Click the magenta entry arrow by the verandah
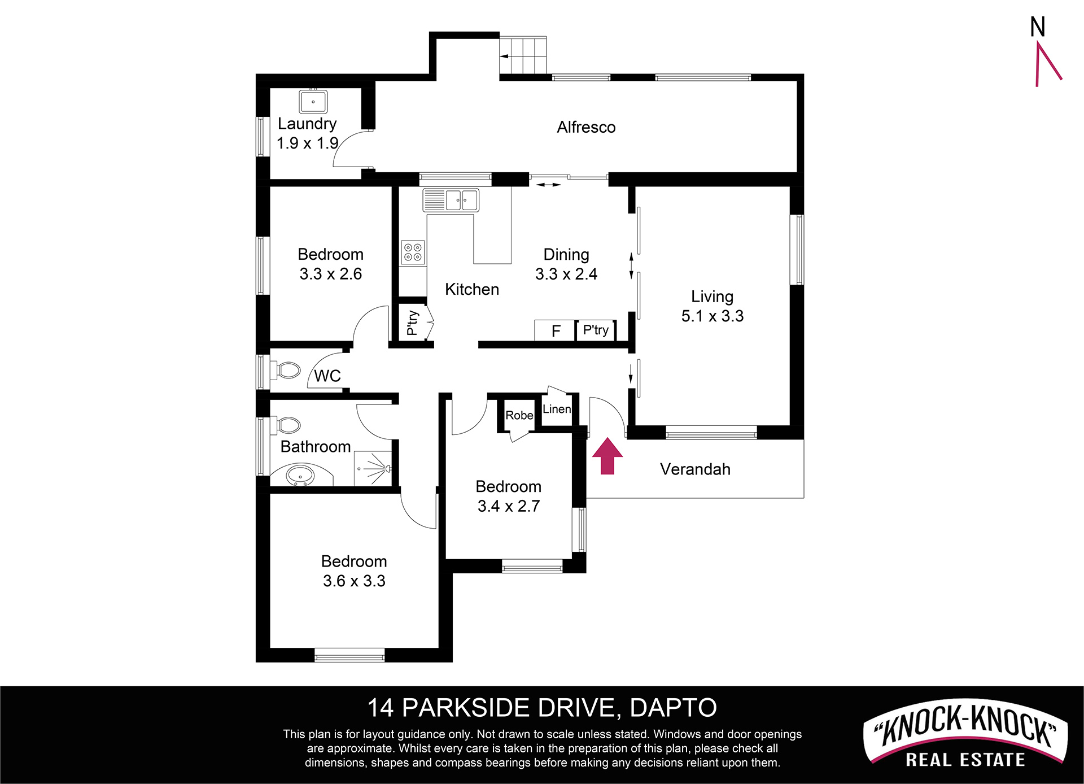[607, 456]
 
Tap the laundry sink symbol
[313, 102]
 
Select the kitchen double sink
[451, 200]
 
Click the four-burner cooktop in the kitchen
[413, 252]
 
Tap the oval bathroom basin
[300, 475]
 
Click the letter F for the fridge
[556, 331]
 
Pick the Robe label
[519, 415]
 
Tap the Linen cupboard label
[557, 409]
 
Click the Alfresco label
[586, 127]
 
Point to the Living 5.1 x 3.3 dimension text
[713, 316]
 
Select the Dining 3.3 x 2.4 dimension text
[566, 274]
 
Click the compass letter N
[1038, 27]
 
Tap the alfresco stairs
[523, 55]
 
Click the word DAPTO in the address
[673, 708]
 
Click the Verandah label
[695, 469]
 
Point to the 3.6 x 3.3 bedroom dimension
[354, 581]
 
